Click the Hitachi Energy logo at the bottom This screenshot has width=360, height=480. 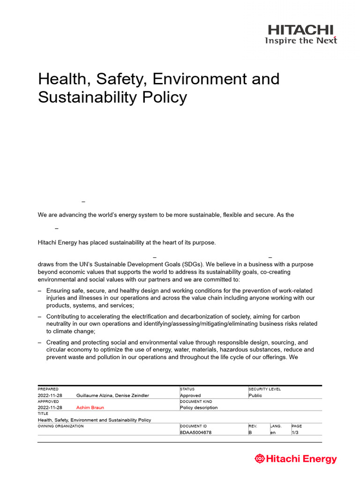[296, 459]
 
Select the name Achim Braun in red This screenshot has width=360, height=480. [90, 408]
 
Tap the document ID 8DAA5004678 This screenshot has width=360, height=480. [195, 433]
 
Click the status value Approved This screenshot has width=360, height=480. [190, 396]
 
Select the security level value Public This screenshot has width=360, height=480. [255, 396]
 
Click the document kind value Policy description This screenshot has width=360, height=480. [199, 408]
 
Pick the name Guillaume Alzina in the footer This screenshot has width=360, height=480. [95, 396]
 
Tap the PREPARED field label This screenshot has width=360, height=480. [48, 389]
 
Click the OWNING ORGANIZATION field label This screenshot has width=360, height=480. [61, 426]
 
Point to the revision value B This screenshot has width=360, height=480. [250, 433]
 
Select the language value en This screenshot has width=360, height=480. [273, 433]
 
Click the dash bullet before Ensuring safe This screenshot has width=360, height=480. [40, 291]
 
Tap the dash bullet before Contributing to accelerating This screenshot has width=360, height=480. [40, 317]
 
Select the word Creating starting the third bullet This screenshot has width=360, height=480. [60, 343]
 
